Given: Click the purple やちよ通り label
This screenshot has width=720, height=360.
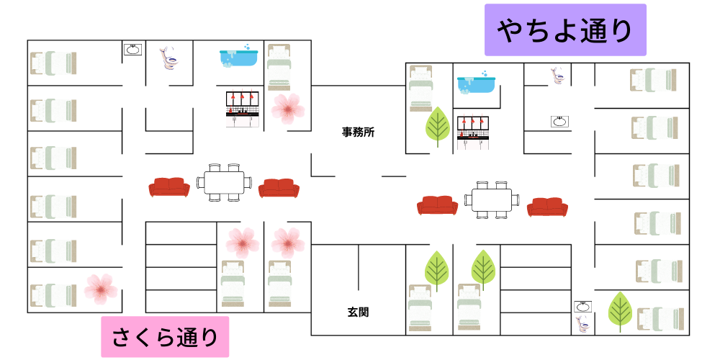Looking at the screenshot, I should pos(565,30).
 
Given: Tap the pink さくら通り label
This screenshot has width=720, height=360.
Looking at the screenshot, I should pos(164,336).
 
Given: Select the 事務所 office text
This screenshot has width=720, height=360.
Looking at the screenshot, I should pos(358,132).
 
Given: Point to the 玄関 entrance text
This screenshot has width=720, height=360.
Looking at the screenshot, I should pos(358,312).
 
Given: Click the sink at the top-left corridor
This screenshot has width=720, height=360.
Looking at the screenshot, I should pos(132,50).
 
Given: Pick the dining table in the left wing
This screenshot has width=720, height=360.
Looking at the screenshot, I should pos(224,183).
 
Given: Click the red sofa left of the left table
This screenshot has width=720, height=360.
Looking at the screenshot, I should pos(169,187).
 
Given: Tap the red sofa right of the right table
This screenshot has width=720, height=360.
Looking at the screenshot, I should pos(547,207).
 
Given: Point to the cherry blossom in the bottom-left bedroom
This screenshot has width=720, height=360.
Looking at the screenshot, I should pos(100,288).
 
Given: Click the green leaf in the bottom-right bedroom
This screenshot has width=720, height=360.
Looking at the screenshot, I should pos(619,311).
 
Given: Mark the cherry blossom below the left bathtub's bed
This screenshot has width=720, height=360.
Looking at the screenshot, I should pos(288,108).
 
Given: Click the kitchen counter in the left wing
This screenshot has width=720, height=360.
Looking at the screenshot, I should pos(242,109).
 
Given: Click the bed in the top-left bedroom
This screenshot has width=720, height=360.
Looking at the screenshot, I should pos(53,63).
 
